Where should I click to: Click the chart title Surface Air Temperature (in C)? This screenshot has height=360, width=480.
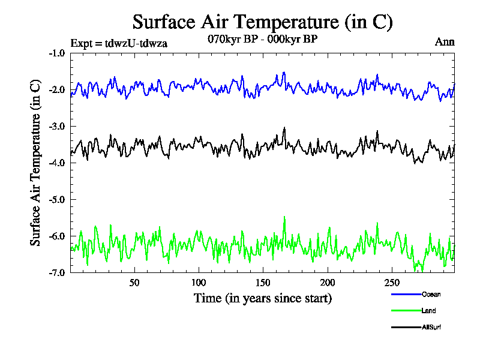262,22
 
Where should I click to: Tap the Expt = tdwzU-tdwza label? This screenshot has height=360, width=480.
118,43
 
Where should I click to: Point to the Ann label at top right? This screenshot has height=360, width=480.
444,41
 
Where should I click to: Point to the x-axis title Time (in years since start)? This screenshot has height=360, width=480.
262,298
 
